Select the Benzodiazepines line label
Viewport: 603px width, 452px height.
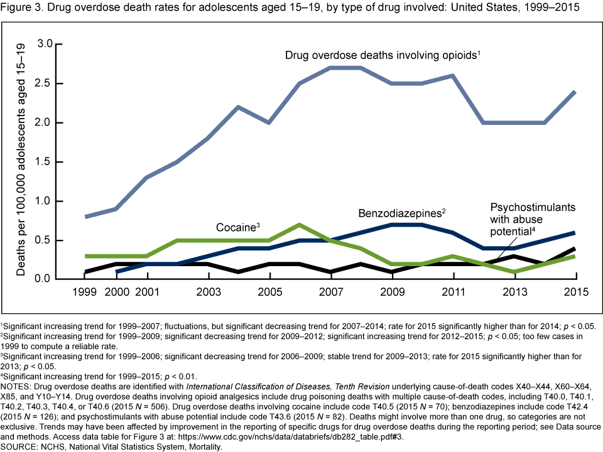pos(402,213)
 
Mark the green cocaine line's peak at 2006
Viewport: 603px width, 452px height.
pos(300,225)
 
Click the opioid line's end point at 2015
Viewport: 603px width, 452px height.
pos(576,92)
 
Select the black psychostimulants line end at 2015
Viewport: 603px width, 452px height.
pos(576,249)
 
